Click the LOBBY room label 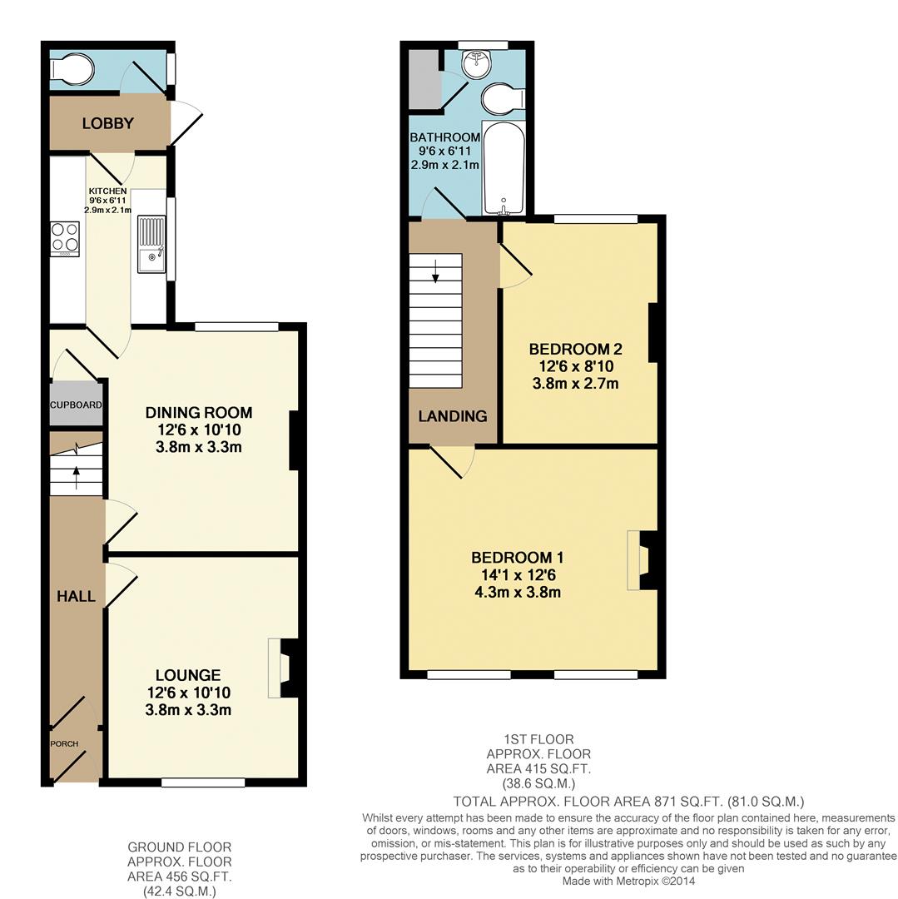[107, 124]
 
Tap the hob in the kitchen [64, 239]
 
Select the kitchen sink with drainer [152, 245]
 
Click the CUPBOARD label [76, 405]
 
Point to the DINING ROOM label [199, 413]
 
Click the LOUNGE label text [188, 675]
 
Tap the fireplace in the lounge [283, 668]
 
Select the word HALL [76, 596]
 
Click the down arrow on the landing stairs [434, 271]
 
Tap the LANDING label [453, 416]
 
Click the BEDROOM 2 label [576, 349]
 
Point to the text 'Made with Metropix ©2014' [628, 881]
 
